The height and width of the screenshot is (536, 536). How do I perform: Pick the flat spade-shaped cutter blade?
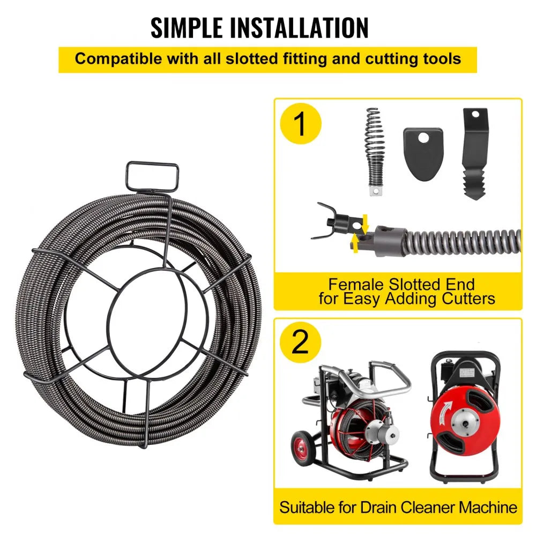point(423,153)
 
